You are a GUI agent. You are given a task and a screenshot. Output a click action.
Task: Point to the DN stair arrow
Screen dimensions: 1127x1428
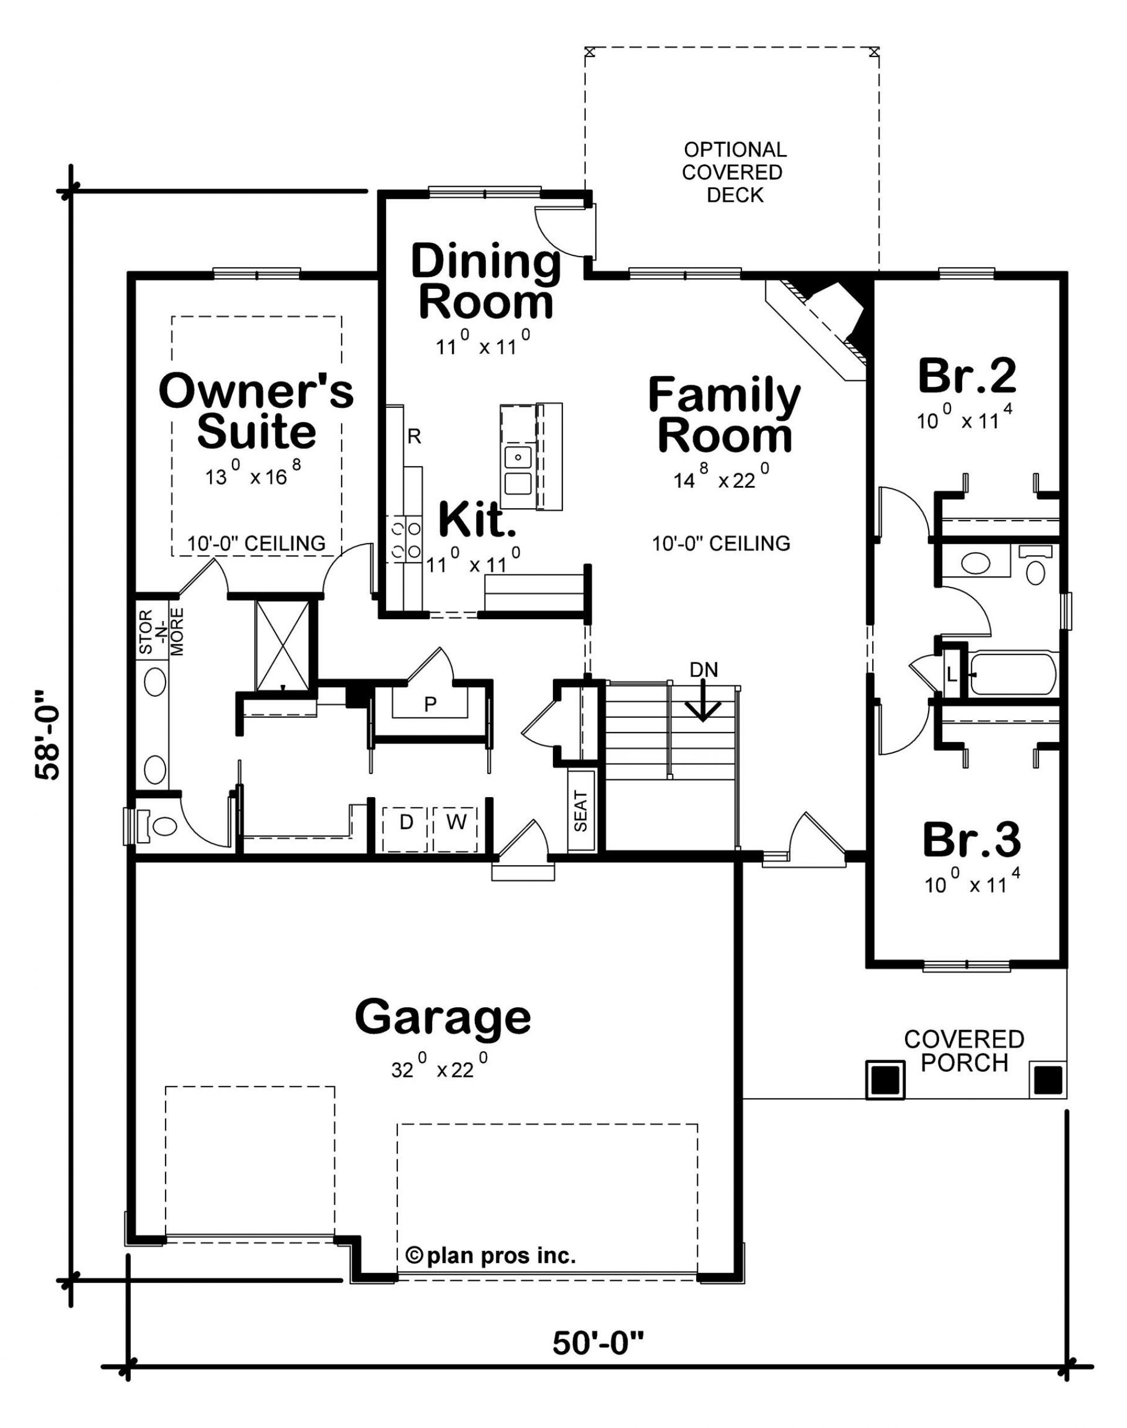[x=703, y=700]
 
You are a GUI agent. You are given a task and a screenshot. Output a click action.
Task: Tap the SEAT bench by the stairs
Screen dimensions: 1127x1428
[x=581, y=811]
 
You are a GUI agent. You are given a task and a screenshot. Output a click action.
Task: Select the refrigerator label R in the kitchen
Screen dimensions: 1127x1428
[x=414, y=436]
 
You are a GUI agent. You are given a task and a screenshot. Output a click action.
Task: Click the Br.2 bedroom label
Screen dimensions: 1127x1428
[x=967, y=376]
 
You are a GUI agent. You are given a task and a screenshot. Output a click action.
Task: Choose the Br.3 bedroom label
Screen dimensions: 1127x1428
[x=971, y=839]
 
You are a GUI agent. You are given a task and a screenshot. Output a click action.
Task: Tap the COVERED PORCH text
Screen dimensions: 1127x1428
[x=964, y=1051]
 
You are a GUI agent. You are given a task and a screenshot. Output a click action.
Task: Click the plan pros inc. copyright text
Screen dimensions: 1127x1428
[x=491, y=1256]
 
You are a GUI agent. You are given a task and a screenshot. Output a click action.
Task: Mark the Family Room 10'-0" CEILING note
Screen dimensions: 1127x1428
[x=721, y=543]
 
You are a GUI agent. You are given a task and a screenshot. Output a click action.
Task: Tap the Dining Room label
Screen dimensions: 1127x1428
[x=486, y=281]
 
